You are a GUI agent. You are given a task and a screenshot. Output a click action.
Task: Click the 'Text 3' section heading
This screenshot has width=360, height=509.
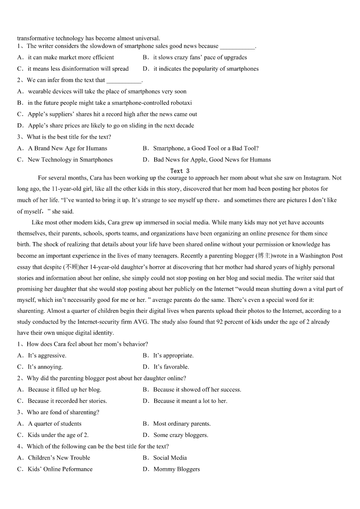[x=180, y=171]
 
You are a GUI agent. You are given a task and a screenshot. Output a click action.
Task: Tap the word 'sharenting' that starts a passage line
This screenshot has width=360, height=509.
[x=31, y=311]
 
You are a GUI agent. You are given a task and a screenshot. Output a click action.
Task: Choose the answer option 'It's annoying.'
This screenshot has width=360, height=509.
[x=45, y=367]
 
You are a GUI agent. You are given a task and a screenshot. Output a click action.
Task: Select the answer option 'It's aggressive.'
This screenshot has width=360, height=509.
[x=47, y=355]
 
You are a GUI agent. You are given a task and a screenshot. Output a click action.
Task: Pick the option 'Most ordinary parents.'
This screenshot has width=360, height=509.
[x=182, y=424]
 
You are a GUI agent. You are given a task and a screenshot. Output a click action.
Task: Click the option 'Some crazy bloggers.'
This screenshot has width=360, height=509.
[x=181, y=435]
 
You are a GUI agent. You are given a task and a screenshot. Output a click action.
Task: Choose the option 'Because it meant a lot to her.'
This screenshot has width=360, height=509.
[x=190, y=401]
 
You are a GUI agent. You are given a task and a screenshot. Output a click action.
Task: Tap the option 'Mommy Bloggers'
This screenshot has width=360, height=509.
[x=176, y=469]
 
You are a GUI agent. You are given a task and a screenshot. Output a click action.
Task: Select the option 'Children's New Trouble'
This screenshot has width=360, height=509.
[x=59, y=458]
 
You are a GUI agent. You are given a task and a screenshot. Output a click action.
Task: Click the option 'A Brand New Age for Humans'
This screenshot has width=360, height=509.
[x=68, y=148]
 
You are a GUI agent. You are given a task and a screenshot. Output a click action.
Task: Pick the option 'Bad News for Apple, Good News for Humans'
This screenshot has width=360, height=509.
[x=212, y=160]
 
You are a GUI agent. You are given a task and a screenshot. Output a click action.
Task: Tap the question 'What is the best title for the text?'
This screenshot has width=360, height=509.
[x=68, y=137]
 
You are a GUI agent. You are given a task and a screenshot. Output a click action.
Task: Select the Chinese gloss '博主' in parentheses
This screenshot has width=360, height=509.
[x=264, y=256]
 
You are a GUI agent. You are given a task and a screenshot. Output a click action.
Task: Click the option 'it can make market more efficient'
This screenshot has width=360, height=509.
[x=71, y=58]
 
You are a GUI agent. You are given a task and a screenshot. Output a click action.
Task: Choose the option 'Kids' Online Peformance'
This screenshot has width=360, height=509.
[x=60, y=469]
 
